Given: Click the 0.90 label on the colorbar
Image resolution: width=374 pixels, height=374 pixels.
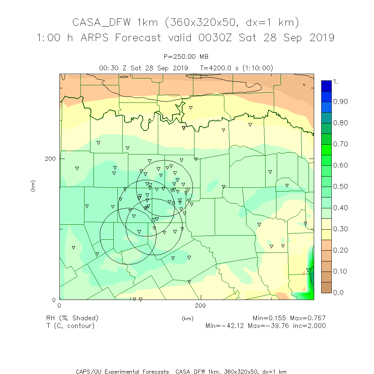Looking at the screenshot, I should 341,102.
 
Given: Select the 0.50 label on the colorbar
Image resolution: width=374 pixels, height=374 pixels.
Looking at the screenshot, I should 341,187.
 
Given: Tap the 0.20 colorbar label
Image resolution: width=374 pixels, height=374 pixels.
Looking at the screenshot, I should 341,250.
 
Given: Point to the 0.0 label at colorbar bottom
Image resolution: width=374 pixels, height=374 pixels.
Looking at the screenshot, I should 338,292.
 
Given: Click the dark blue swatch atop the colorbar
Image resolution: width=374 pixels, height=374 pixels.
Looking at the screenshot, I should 326,86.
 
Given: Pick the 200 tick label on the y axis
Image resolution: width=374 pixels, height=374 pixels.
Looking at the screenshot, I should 50,159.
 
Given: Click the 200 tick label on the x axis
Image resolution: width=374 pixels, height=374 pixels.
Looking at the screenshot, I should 201,306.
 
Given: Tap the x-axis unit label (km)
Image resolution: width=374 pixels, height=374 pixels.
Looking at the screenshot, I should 187,319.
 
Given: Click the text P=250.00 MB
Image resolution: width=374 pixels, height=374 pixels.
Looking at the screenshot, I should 186,56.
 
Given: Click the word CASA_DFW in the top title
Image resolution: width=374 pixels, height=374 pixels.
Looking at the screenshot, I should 102,22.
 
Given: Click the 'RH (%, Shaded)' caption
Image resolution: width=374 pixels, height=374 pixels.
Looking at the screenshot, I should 72,318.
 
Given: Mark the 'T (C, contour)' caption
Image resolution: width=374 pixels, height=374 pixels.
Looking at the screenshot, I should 70,326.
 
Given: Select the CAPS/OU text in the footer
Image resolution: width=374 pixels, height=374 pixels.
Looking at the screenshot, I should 89,371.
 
